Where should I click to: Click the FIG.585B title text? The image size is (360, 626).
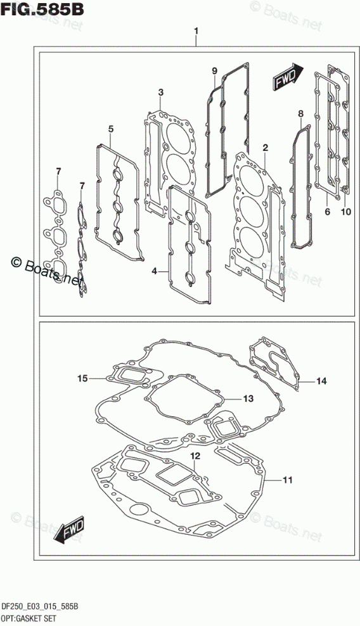42,9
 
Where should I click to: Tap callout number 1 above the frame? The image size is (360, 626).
196,31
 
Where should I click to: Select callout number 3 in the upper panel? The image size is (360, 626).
160,93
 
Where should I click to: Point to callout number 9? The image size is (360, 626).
215,72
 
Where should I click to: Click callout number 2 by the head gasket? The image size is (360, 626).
266,148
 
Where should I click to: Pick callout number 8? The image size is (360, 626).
301,114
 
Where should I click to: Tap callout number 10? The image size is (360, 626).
345,212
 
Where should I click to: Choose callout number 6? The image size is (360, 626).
327,212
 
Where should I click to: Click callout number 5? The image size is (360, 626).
111,129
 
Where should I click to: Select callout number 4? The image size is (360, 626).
154,271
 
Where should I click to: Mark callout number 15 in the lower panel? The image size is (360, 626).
82,378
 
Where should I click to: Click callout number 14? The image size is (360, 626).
321,381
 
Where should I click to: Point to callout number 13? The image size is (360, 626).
248,399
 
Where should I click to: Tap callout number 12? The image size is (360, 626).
195,456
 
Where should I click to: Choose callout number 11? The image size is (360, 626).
288,480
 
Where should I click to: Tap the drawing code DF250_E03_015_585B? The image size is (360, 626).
39,607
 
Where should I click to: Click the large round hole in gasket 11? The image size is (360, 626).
138,511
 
